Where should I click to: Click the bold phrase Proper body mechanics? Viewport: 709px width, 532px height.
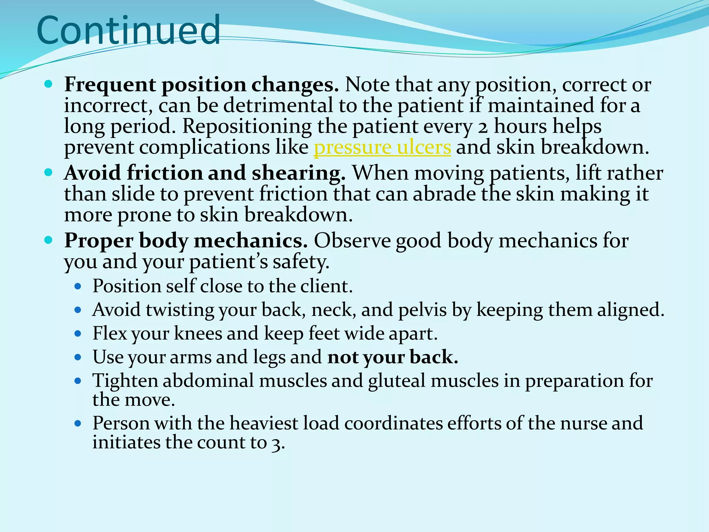tap(186, 240)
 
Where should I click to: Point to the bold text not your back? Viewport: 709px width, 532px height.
tap(393, 357)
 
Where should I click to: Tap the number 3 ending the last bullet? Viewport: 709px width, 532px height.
tap(276, 444)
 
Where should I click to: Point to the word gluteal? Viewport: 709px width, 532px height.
tap(397, 381)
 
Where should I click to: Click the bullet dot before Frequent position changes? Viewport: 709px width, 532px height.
tap(48, 84)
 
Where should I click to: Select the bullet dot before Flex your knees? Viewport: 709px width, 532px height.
tap(78, 334)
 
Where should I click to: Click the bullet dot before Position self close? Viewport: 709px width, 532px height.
tap(78, 287)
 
